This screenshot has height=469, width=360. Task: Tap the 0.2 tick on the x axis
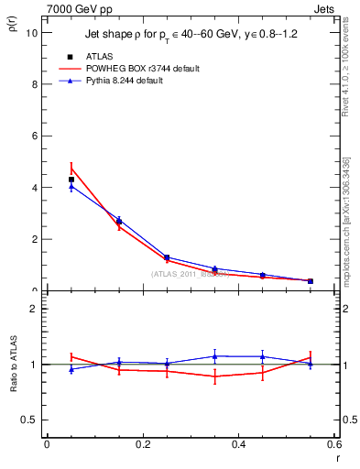click(143, 444)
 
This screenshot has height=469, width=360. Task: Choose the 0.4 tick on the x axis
click(239, 444)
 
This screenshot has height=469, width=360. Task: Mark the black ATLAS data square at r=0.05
click(71, 180)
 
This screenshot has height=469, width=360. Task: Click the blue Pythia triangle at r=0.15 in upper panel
click(119, 219)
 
